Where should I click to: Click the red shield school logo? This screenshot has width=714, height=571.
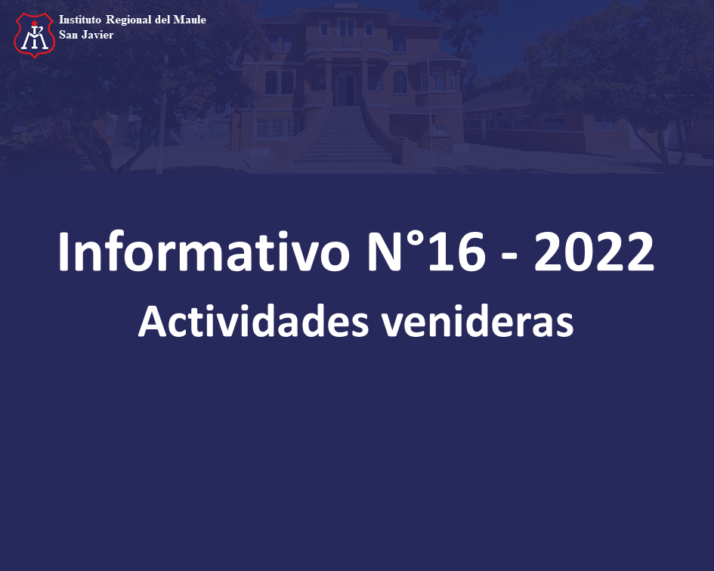click(x=35, y=35)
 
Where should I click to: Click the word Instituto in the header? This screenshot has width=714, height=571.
click(x=79, y=20)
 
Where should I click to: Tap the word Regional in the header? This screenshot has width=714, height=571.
click(x=128, y=20)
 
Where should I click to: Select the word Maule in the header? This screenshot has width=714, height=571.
click(x=190, y=20)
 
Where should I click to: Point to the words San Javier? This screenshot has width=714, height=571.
click(x=86, y=35)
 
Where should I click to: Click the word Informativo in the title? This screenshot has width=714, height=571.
click(x=203, y=252)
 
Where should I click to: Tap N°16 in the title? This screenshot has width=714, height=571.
click(x=426, y=252)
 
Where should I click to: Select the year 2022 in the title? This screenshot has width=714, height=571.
click(x=594, y=252)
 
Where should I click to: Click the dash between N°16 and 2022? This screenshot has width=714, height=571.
click(x=509, y=258)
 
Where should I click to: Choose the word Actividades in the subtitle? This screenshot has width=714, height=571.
click(x=253, y=321)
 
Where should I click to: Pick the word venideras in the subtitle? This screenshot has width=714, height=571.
click(x=478, y=321)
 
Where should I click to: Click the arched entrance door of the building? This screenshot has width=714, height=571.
click(x=345, y=88)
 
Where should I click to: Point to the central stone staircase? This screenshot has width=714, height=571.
click(x=344, y=134)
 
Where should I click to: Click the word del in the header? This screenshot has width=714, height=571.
click(x=162, y=20)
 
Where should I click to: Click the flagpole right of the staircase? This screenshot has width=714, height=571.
click(x=429, y=96)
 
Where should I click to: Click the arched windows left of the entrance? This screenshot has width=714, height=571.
click(x=279, y=82)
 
